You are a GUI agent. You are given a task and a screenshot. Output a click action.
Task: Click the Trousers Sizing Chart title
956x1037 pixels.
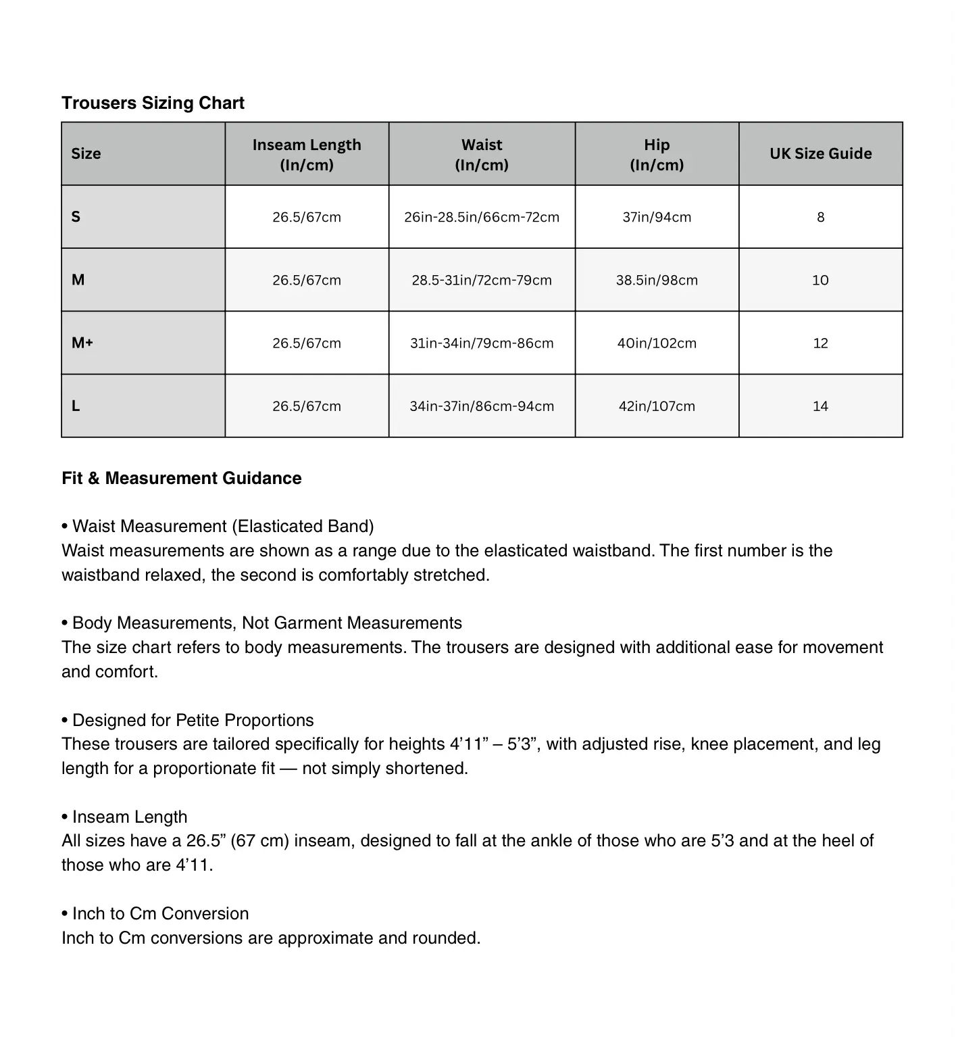[x=153, y=103]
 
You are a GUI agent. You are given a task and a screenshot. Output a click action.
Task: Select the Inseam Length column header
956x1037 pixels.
[x=307, y=154]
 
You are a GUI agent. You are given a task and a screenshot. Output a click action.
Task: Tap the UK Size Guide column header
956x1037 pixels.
[x=820, y=153]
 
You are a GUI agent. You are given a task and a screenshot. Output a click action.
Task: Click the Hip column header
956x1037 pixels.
[x=657, y=154]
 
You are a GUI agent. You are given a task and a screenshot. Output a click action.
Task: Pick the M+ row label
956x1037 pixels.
[x=82, y=343]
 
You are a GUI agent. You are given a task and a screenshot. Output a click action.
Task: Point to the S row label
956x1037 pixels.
[x=76, y=217]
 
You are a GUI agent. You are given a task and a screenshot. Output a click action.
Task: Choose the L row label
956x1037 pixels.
[x=76, y=406]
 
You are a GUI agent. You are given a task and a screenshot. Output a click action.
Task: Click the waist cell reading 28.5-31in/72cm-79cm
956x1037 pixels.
[x=482, y=280]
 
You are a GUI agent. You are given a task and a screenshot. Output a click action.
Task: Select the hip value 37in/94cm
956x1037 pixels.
[x=657, y=217]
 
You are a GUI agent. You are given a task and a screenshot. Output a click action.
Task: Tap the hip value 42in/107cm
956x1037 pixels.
[x=657, y=406]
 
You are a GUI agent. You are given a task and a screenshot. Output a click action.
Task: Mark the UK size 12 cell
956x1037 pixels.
[x=820, y=343]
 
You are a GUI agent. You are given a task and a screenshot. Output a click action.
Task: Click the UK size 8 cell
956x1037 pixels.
[x=820, y=217]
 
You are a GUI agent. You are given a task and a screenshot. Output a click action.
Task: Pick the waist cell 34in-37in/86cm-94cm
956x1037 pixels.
[x=482, y=406]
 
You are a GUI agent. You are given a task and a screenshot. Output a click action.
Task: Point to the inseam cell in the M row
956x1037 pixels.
[x=307, y=280]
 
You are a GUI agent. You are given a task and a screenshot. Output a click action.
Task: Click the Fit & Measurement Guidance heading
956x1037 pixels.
[x=181, y=478]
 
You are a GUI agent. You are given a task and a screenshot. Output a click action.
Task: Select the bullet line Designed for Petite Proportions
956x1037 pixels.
[x=193, y=720]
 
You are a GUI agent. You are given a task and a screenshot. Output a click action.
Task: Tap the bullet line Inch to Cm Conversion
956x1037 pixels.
[x=160, y=913]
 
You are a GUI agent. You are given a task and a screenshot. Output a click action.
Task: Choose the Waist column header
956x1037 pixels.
[x=482, y=154]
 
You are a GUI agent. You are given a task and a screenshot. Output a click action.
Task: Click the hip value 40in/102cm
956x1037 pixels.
[x=657, y=343]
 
